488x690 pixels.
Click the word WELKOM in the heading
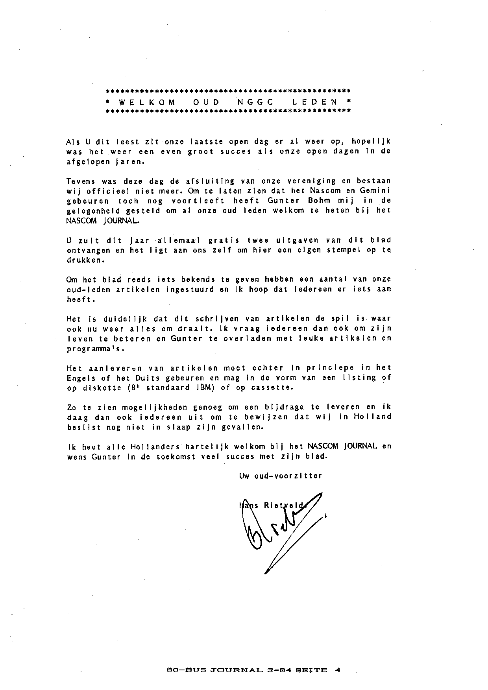click(x=147, y=102)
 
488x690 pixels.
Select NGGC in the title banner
click(x=254, y=102)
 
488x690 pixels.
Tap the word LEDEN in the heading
click(x=315, y=102)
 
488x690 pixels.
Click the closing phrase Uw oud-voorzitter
click(x=281, y=476)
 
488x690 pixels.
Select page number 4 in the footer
click(x=337, y=670)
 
